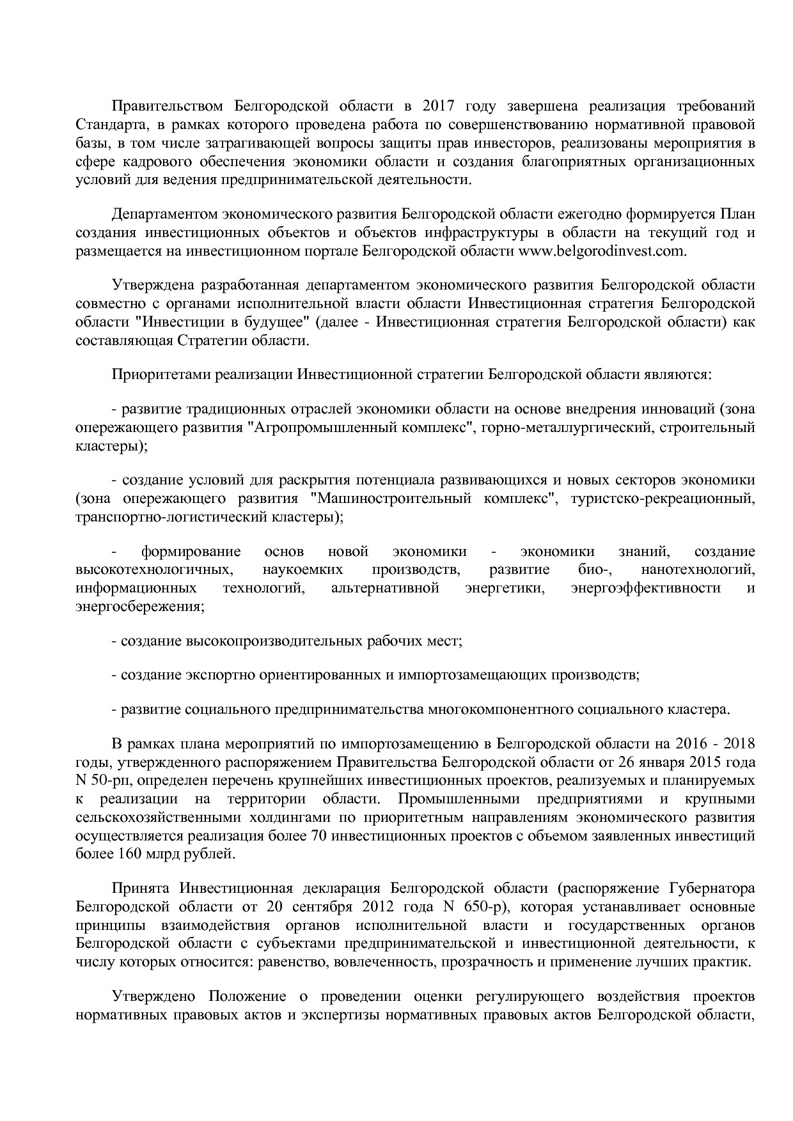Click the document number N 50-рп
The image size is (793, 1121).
[102, 781]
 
